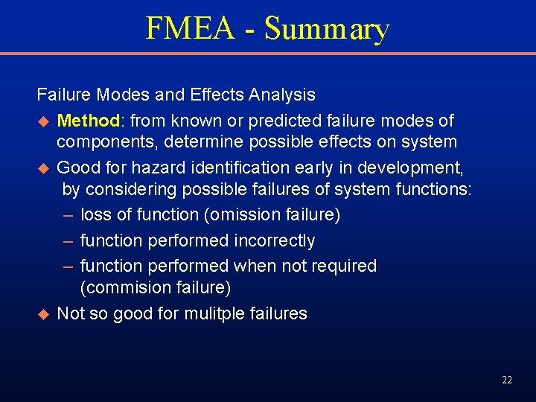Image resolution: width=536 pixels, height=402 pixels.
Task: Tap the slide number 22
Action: click(x=507, y=380)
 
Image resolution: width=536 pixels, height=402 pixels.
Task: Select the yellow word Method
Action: click(x=88, y=120)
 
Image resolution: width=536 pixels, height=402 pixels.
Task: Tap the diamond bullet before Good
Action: click(x=42, y=167)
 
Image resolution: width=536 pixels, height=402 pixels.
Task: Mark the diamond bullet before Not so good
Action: click(x=42, y=314)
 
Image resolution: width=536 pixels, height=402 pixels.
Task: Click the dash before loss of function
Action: click(x=68, y=215)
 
